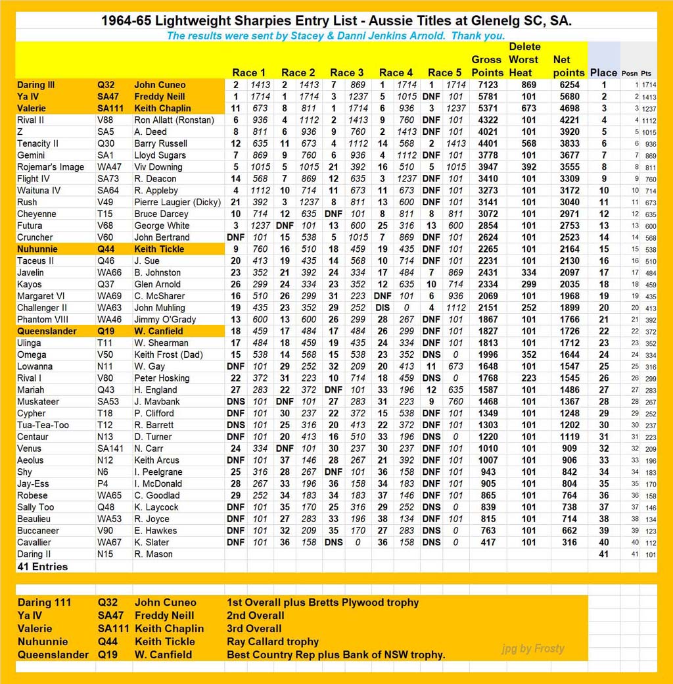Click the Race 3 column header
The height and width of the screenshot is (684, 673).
click(346, 72)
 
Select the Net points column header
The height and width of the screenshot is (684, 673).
click(569, 66)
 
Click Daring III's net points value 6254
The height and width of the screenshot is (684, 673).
click(569, 85)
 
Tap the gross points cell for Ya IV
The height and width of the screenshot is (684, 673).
click(487, 97)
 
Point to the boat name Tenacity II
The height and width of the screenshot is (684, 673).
click(38, 143)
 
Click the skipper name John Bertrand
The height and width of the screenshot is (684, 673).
click(162, 237)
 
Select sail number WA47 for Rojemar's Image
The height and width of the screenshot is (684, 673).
click(110, 167)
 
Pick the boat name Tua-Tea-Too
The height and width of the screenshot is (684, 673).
click(41, 425)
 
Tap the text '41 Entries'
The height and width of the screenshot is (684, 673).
click(43, 566)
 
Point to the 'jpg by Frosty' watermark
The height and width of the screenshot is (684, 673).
click(532, 648)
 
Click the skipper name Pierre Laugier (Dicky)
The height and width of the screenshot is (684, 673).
click(177, 202)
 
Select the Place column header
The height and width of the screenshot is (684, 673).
click(603, 72)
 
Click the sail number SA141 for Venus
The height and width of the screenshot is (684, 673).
click(112, 449)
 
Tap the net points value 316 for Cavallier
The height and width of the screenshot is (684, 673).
click(569, 543)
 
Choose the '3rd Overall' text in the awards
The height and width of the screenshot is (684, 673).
click(255, 628)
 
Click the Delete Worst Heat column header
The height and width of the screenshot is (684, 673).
click(524, 59)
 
